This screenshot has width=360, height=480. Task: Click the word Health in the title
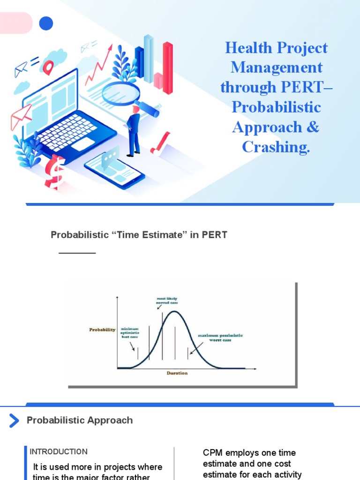click(x=248, y=48)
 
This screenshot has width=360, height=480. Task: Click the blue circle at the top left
click(x=46, y=23)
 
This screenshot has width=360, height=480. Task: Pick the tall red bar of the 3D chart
click(x=167, y=67)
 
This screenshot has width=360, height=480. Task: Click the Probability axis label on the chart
click(x=102, y=330)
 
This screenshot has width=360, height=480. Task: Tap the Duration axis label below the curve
click(x=177, y=373)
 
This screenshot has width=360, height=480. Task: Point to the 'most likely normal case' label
click(x=167, y=300)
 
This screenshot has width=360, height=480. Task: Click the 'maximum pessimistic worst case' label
click(x=220, y=338)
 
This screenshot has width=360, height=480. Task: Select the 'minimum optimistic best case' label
click(x=130, y=333)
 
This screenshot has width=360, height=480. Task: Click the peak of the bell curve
click(x=174, y=311)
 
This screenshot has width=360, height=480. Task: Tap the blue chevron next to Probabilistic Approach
click(x=14, y=420)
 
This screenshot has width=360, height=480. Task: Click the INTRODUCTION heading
click(x=59, y=452)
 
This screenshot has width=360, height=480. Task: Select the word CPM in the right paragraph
click(x=212, y=453)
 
